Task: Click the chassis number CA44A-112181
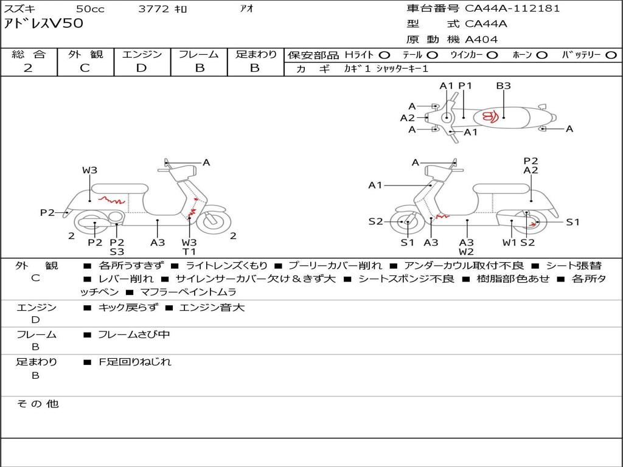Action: (x=512, y=9)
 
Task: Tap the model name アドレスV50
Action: (x=43, y=24)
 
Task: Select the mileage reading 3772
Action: (x=154, y=9)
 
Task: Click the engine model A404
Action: (x=481, y=40)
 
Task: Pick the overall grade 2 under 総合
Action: (x=28, y=68)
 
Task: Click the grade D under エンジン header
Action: (x=141, y=68)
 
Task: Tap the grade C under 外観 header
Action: (x=85, y=68)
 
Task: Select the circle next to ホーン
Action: (x=542, y=55)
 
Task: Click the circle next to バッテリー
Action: (x=611, y=55)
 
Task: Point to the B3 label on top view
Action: (x=503, y=85)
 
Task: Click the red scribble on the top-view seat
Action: (x=490, y=117)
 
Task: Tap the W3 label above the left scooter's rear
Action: (x=90, y=170)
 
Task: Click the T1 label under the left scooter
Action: (x=190, y=252)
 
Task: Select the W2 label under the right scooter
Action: (x=467, y=252)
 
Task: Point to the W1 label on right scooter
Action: (x=509, y=243)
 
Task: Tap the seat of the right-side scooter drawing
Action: (x=501, y=189)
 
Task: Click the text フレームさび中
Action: (x=134, y=335)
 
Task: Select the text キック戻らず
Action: (x=128, y=307)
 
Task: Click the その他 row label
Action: (x=38, y=404)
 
